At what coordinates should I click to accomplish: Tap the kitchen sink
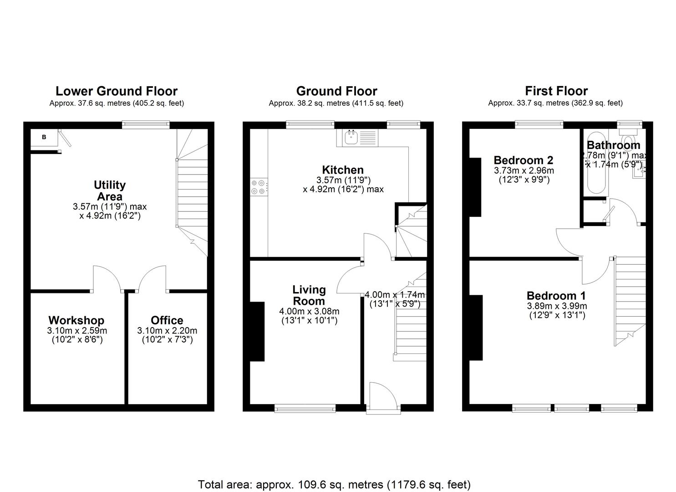pyautogui.click(x=351, y=137)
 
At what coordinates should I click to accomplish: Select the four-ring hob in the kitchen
pyautogui.click(x=258, y=187)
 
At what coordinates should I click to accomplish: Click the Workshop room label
pyautogui.click(x=76, y=320)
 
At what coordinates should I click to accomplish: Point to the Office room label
pyautogui.click(x=167, y=320)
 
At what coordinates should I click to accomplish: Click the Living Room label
pyautogui.click(x=309, y=295)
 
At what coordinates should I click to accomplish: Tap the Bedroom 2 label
pyautogui.click(x=523, y=160)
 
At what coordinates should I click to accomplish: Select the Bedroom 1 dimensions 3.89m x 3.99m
pyautogui.click(x=557, y=306)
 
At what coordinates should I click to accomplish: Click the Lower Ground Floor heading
pyautogui.click(x=117, y=91)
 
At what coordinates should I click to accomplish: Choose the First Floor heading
pyautogui.click(x=556, y=91)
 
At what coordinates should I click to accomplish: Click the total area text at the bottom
pyautogui.click(x=334, y=484)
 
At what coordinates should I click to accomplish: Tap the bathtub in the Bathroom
pyautogui.click(x=595, y=164)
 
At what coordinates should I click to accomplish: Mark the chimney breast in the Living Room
pyautogui.click(x=257, y=332)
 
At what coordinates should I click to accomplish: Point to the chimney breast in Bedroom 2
pyautogui.click(x=475, y=187)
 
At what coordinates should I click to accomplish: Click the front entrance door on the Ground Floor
pyautogui.click(x=383, y=397)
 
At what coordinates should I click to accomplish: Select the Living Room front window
pyautogui.click(x=305, y=408)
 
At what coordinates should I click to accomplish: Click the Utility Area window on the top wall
pyautogui.click(x=146, y=123)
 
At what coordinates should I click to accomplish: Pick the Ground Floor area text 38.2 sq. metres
pyautogui.click(x=335, y=103)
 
